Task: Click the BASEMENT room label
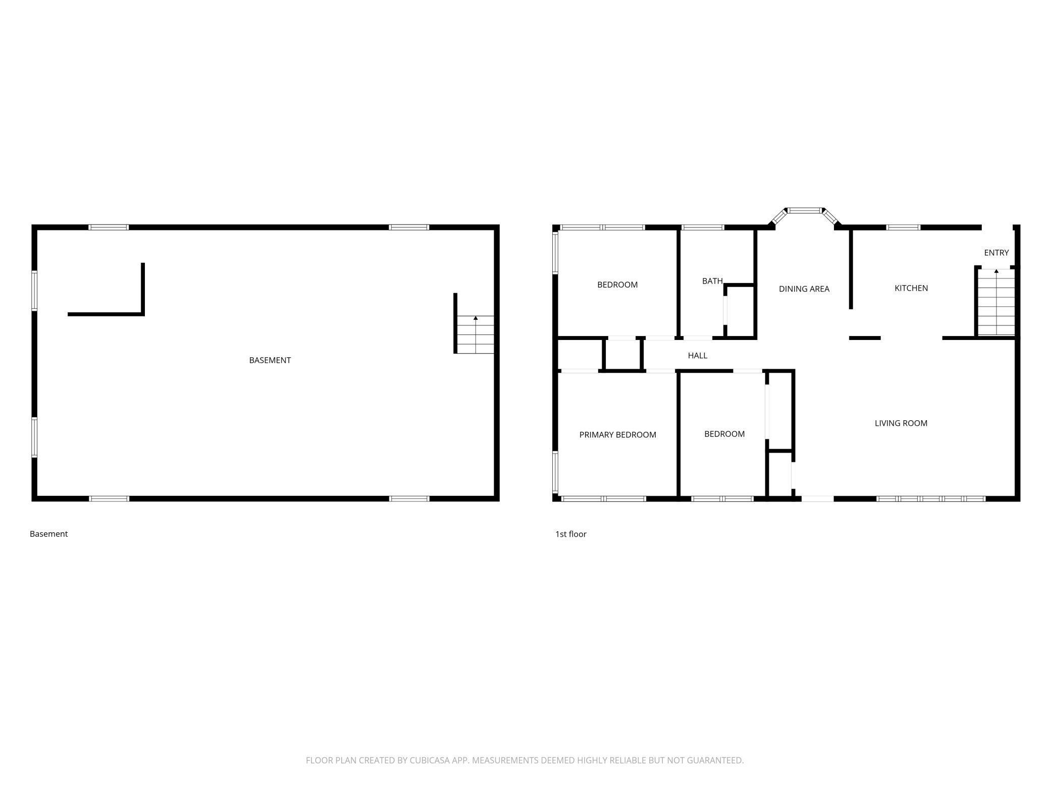point(270,360)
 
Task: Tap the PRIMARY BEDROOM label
point(617,435)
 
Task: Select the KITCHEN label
point(911,288)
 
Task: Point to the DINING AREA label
point(804,289)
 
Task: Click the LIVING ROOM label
point(901,423)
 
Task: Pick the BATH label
point(712,281)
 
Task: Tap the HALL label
point(697,356)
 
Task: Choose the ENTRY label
point(996,253)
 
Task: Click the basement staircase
point(475,334)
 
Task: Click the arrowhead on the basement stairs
point(476,318)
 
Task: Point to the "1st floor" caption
point(570,534)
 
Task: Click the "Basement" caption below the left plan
point(48,534)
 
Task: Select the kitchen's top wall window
point(903,228)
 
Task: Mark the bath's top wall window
point(702,228)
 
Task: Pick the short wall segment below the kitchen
point(865,338)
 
